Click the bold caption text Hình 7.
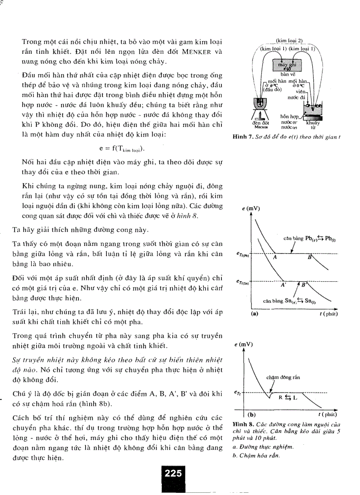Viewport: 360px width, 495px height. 242,136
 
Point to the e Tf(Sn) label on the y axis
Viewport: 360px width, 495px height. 242,282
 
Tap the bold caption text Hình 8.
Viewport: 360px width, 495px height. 241,424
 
